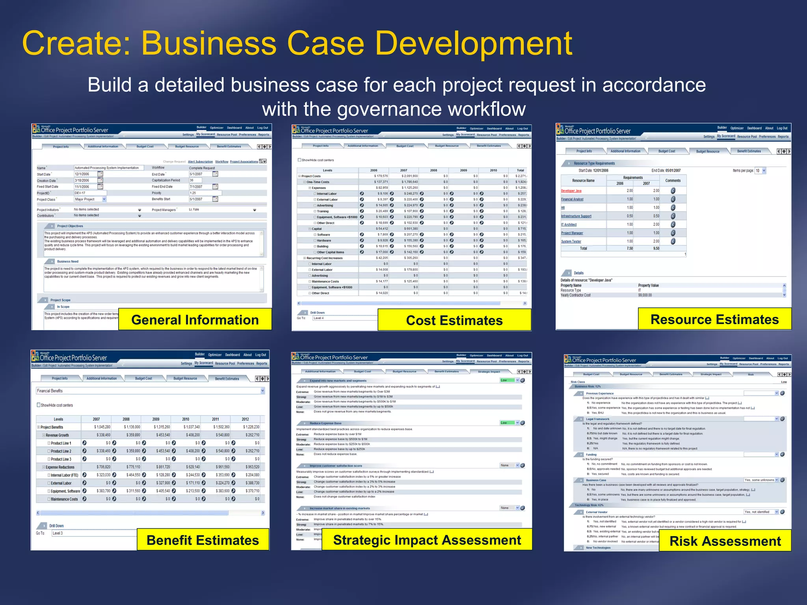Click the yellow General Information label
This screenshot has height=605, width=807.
[x=195, y=320]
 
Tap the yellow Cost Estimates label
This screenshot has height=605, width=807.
[x=454, y=320]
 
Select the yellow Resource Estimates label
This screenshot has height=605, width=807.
[x=714, y=319]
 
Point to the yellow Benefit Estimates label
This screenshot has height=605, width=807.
[x=203, y=540]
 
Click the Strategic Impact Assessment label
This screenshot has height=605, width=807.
[x=427, y=540]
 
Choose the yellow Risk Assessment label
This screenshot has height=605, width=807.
[x=725, y=541]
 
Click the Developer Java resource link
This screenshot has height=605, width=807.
[x=571, y=191]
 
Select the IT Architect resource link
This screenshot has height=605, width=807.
[x=569, y=225]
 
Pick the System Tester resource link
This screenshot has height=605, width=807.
[x=571, y=241]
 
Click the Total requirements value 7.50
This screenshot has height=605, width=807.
[x=630, y=249]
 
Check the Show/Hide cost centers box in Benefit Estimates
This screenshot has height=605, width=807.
[x=39, y=405]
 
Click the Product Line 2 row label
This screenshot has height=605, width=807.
[x=61, y=451]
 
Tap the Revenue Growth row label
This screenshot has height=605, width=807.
[x=57, y=435]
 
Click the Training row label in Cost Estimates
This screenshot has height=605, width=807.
[x=323, y=211]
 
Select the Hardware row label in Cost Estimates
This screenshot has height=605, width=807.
[x=324, y=240]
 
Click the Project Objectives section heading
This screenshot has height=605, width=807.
[x=70, y=226]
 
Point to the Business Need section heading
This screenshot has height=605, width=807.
[x=67, y=262]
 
